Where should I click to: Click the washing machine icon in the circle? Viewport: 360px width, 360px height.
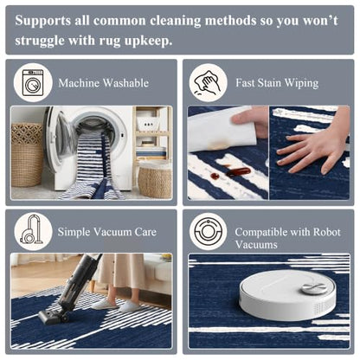tap(33, 82)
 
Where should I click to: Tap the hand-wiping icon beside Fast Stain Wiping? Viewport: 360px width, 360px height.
tap(208, 82)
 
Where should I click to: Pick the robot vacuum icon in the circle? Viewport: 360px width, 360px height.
tap(208, 231)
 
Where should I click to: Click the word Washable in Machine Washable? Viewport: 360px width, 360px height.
tap(126, 83)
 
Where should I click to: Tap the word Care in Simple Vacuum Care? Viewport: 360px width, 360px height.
tap(145, 232)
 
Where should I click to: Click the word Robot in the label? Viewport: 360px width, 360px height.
tap(326, 232)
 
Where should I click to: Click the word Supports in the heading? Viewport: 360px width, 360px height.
tap(42, 21)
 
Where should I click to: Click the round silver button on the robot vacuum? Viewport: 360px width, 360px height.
tap(314, 288)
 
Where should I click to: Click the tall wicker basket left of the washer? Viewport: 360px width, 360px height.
tap(27, 155)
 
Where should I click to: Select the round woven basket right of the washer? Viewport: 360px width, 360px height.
tap(155, 179)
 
